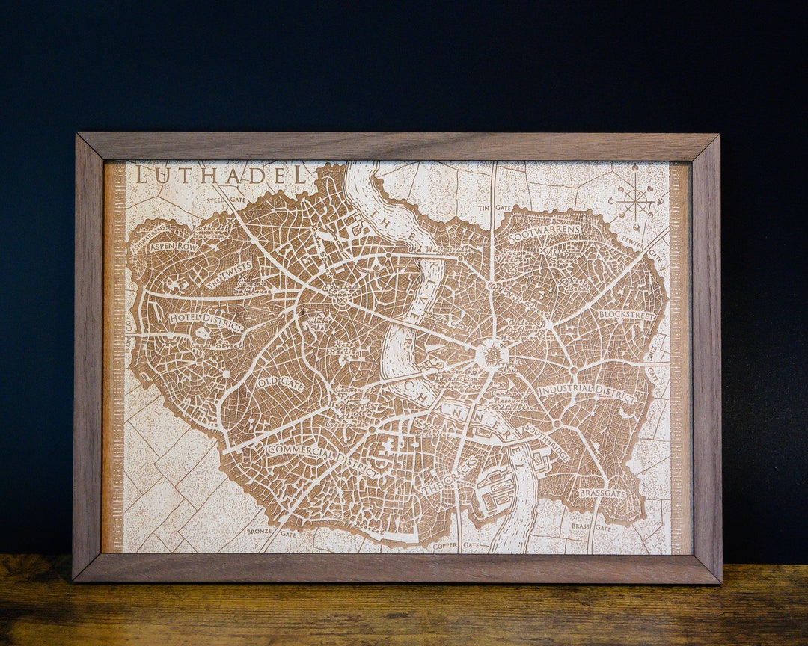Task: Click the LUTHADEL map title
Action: click(221, 176)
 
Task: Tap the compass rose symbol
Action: click(634, 199)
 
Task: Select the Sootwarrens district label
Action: click(544, 233)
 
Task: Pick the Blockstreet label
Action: click(626, 315)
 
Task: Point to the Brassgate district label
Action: click(602, 493)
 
